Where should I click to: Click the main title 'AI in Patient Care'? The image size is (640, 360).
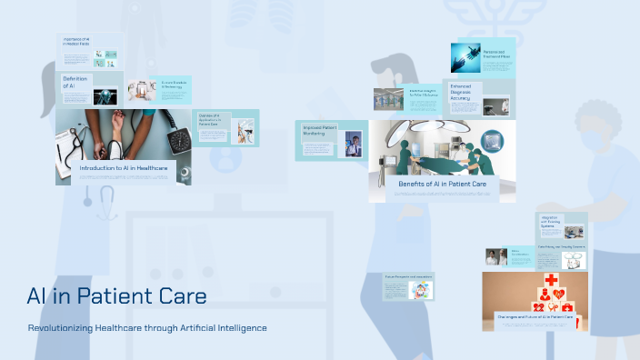(x=116, y=296)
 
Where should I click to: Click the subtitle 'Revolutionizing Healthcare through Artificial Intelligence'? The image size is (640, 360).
(x=147, y=327)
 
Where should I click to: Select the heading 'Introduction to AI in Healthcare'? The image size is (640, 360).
(x=125, y=168)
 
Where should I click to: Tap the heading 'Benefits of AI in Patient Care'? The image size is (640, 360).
(x=442, y=184)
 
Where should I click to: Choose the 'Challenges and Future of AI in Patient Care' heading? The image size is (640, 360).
(x=535, y=317)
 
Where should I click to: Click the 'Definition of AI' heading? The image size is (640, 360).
(x=75, y=83)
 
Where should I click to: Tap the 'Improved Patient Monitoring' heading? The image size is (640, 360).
(x=320, y=131)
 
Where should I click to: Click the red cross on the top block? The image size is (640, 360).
(x=551, y=280)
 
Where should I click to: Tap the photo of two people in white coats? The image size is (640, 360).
(x=496, y=257)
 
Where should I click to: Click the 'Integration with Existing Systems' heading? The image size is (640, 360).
(x=551, y=223)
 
